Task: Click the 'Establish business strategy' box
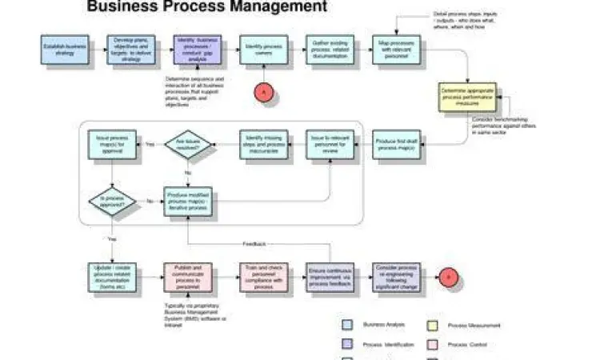[65, 50]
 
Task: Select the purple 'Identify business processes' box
[195, 50]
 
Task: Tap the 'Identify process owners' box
[263, 50]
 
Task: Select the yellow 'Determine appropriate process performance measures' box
[467, 98]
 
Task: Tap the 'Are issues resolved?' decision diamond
[187, 144]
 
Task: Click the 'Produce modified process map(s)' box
[187, 201]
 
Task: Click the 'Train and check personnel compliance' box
[263, 277]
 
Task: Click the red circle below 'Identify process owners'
[264, 93]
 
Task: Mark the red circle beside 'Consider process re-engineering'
[449, 277]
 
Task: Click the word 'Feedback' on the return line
[254, 243]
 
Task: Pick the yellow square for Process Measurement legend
[432, 325]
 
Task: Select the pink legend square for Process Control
[432, 344]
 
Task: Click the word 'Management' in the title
[278, 7]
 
